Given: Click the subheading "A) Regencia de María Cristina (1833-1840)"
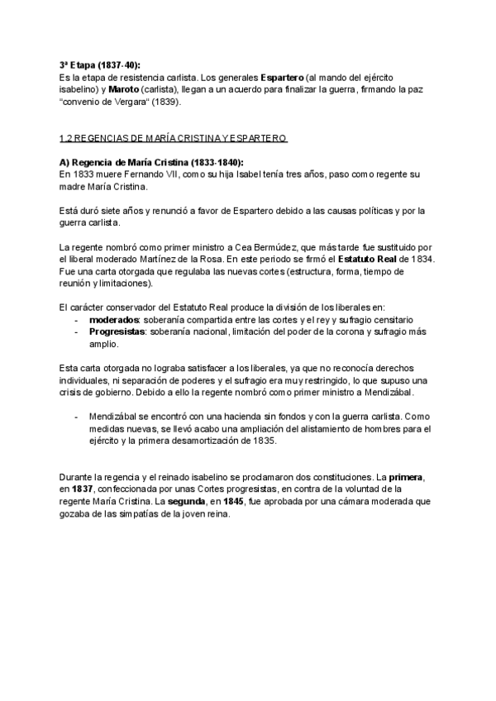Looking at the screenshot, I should (x=152, y=163).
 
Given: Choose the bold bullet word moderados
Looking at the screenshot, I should (x=114, y=319).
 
